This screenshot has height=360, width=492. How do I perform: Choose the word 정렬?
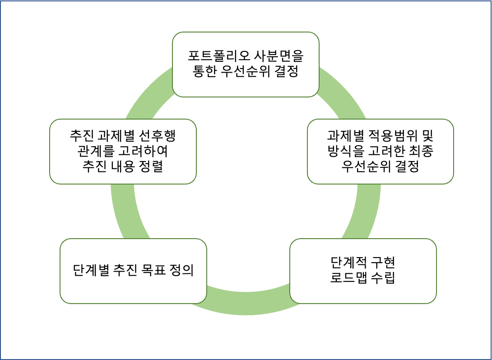click(x=151, y=166)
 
